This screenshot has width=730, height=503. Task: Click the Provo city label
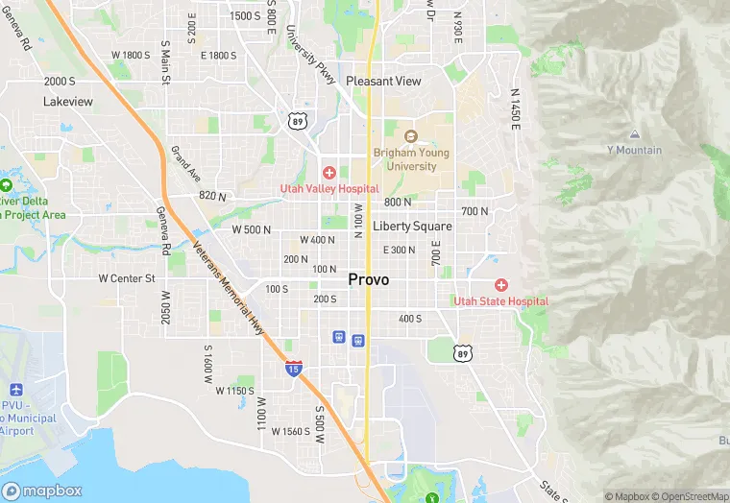369,279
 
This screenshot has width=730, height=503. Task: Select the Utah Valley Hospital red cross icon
329,173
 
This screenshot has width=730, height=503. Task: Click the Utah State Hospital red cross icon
500,285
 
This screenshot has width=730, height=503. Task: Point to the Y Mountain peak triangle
634,135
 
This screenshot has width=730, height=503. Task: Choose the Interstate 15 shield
293,367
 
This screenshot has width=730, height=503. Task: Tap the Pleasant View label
383,82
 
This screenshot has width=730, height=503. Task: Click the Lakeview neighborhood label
68,101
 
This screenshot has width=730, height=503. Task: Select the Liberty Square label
412,227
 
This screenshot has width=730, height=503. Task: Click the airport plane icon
14,391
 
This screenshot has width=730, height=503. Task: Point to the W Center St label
127,278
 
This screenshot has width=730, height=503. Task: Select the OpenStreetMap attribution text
692,496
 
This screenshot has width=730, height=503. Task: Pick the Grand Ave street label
185,164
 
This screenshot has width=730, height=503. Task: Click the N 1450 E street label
516,106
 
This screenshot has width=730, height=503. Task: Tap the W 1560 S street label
291,431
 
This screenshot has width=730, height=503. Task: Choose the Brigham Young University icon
411,137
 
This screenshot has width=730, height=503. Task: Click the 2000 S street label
60,82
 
